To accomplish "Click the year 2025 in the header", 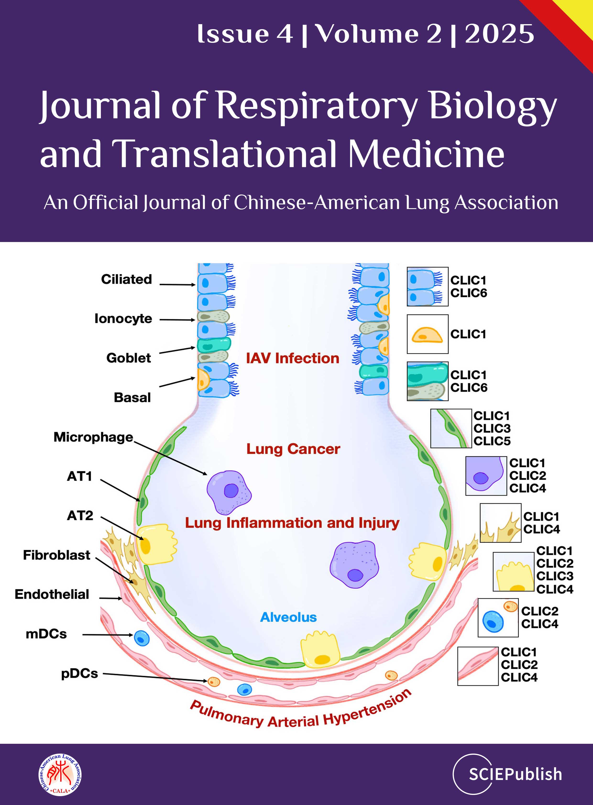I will (x=499, y=34).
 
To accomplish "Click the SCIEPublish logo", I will (x=507, y=774).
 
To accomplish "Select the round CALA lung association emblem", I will (x=60, y=774).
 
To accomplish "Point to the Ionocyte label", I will (x=123, y=319).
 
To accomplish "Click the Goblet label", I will (x=128, y=358).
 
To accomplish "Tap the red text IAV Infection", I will (x=292, y=358).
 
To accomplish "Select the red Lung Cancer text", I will (x=293, y=449).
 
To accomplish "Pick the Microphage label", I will (x=93, y=437).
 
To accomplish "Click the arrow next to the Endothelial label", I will (x=110, y=598).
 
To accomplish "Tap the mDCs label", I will (x=46, y=634).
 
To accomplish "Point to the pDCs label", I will (x=79, y=674).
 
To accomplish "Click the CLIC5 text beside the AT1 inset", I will (x=492, y=441).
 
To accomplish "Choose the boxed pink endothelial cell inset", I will (x=478, y=666).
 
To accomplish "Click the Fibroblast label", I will (x=56, y=555).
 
